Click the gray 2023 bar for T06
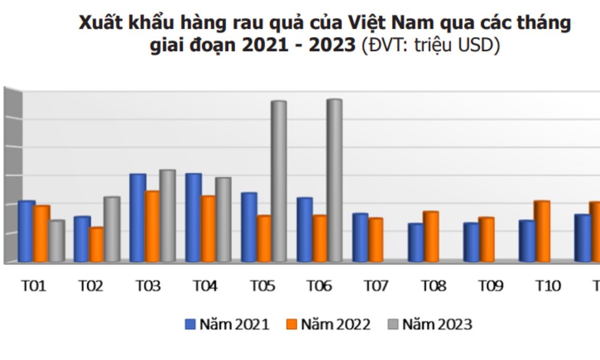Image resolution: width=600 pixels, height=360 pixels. point(334,181)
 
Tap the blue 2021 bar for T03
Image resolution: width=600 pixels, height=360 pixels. point(138,218)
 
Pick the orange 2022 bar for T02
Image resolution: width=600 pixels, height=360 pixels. point(97,245)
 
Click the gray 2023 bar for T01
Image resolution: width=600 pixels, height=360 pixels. point(57,242)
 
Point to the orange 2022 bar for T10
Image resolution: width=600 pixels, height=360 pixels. point(542,231)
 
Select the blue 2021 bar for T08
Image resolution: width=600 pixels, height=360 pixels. point(415,243)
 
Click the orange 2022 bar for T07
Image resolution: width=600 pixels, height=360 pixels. point(375,241)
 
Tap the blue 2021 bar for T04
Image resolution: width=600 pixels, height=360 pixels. point(193,218)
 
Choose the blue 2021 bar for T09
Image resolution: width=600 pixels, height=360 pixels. point(471,243)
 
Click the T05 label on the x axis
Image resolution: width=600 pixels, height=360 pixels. point(263,286)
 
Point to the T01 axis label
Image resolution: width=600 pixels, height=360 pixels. point(34,286)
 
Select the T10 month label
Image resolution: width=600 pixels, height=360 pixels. point(548,286)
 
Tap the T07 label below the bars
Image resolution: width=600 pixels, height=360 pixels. point(376,286)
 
